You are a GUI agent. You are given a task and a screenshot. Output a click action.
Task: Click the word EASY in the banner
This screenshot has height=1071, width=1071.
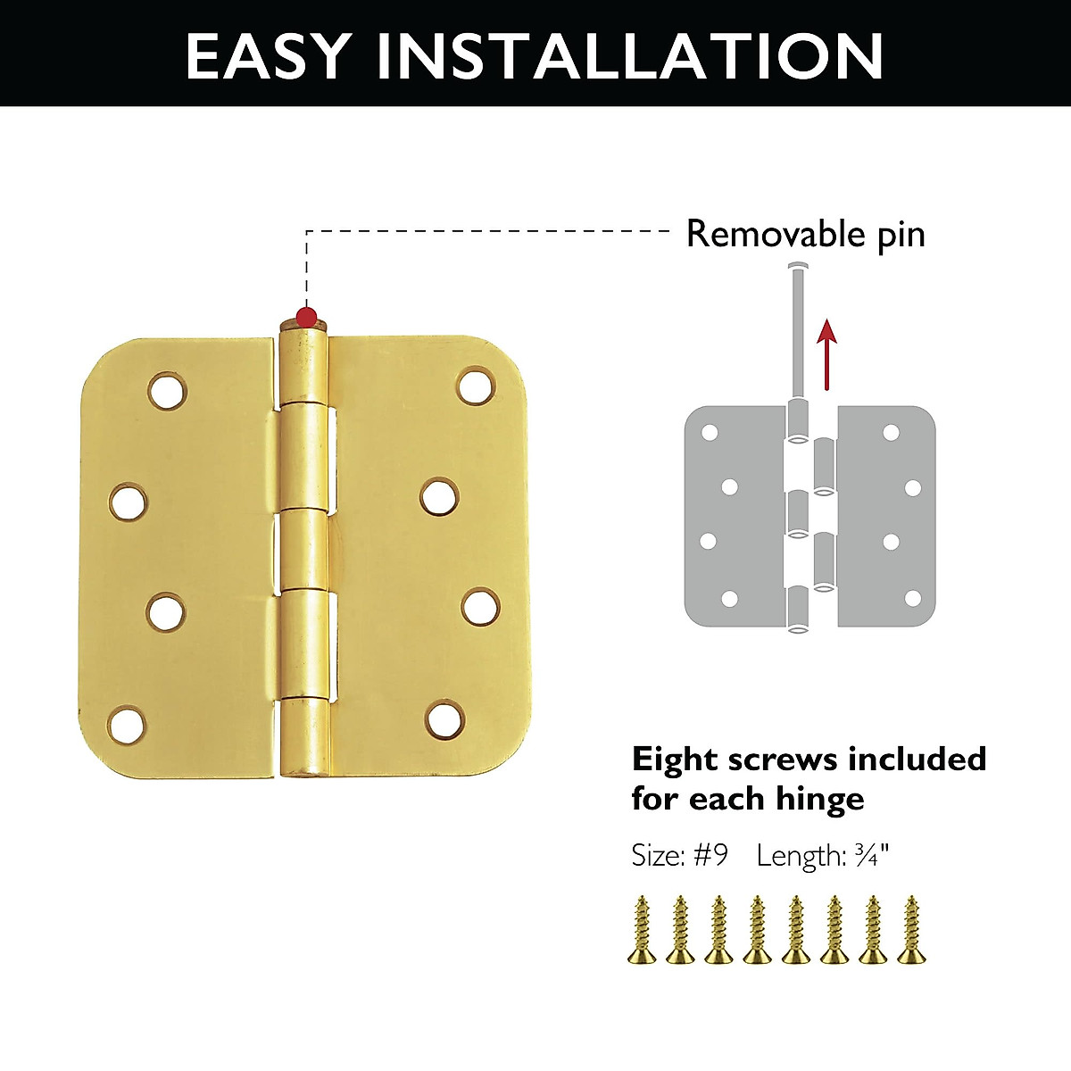pos(267,55)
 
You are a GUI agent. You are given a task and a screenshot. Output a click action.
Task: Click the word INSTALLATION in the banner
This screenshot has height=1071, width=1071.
pos(630,55)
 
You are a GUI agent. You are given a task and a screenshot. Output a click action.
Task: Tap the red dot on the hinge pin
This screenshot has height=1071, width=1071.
pos(306,316)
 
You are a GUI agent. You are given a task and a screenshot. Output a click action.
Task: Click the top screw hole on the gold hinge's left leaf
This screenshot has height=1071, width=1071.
pos(168,390)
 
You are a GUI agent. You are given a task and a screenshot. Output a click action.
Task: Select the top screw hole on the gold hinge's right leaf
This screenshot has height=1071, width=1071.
pos(476,385)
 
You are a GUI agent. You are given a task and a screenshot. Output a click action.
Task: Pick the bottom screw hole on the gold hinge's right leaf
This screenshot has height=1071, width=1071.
pos(444,720)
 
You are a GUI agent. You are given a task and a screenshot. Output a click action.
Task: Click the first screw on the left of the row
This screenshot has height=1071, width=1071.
pos(641,930)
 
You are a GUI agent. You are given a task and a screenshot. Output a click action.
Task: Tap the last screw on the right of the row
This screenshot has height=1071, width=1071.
pos(910,930)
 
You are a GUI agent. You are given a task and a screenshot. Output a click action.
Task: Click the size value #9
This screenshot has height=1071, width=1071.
pos(710,855)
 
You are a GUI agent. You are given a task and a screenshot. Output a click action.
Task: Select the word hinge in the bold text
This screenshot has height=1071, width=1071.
pos(819,798)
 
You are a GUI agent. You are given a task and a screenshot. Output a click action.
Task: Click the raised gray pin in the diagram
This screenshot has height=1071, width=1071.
pos(797,330)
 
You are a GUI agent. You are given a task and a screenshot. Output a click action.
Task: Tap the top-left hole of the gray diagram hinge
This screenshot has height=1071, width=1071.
pos(710,433)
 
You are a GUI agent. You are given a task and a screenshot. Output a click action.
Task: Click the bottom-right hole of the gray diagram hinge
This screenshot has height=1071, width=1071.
pos(912,598)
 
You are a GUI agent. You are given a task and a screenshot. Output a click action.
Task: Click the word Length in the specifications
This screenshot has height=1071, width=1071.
pos(800,856)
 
